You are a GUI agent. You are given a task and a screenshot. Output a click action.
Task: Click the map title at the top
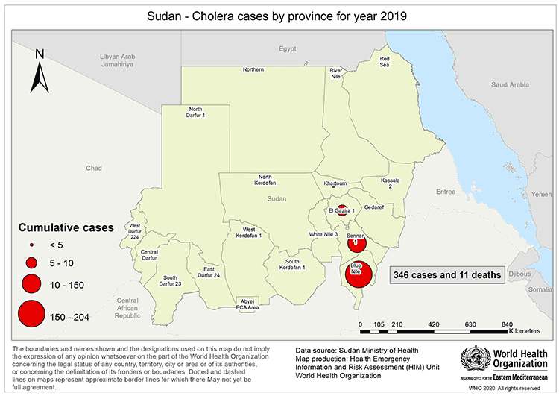coord(279,15)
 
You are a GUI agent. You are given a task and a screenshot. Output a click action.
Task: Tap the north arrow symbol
coord(41,72)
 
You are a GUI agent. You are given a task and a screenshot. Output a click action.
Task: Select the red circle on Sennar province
coord(357,241)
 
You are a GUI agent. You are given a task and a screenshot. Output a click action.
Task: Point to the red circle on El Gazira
coord(341,210)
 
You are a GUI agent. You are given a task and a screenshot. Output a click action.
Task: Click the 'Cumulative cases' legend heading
coord(66,226)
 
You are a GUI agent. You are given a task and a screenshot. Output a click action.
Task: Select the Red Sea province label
coord(385,62)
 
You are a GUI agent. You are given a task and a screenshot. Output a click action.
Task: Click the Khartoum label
coord(336,183)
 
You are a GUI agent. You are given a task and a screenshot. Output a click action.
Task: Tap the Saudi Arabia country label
coord(510,85)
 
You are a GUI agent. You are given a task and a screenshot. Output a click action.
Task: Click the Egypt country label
coord(288,49)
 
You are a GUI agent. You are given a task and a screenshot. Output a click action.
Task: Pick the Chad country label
coord(93,169)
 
